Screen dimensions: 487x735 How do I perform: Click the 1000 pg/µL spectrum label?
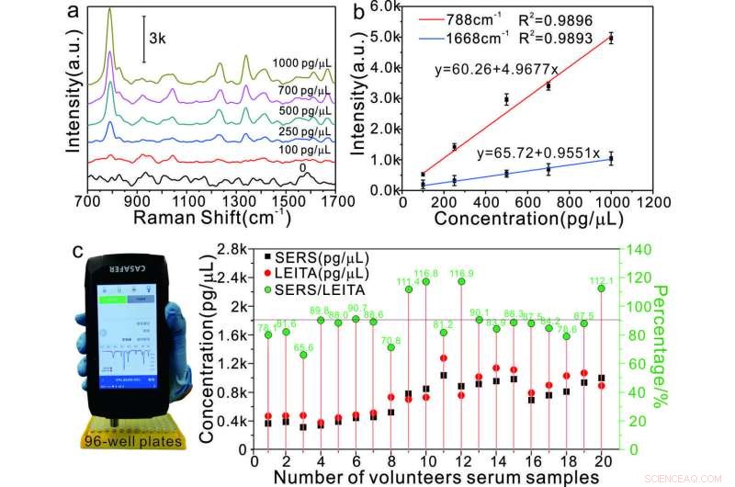[302, 64]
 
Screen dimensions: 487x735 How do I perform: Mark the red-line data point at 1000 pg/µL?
[611, 38]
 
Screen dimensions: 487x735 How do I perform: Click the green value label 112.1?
[601, 280]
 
